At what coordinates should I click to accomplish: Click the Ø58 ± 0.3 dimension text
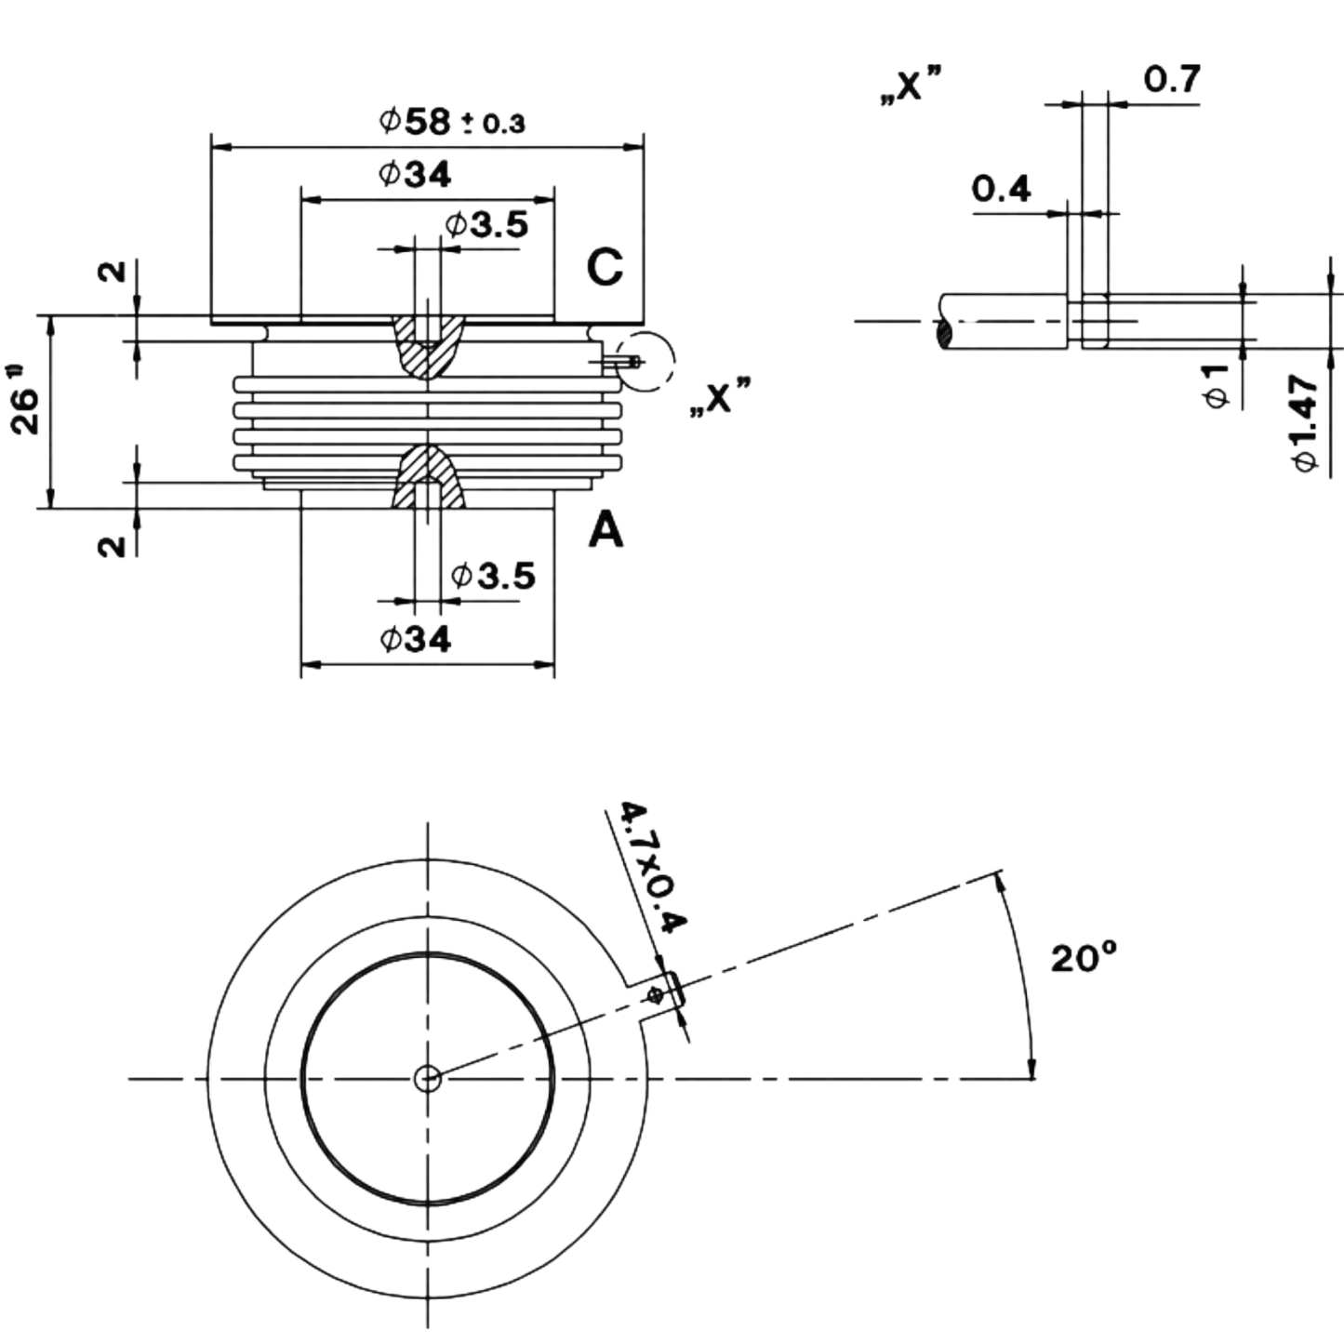coord(452,121)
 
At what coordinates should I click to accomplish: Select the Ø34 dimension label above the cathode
coord(415,174)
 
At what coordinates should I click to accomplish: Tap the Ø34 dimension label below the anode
coord(415,637)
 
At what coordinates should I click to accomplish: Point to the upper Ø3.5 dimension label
coord(486,224)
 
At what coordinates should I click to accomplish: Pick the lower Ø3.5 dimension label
coord(493,576)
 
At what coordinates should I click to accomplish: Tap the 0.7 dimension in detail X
coord(1172,79)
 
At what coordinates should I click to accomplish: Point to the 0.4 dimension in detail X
coord(1002,188)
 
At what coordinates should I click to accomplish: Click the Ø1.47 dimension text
coord(1303,424)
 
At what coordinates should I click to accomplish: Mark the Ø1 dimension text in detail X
coord(1217,384)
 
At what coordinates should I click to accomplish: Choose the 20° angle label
coord(1084,960)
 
